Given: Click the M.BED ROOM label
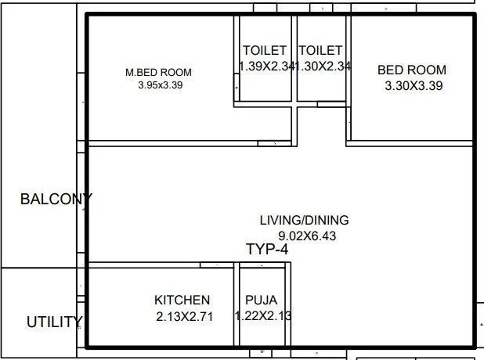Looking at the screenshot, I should pos(158,73).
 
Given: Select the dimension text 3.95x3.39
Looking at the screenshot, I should pos(159,85).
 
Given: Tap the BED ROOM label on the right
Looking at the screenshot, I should pos(412,70).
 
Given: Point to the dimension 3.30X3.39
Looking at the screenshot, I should pos(414,86).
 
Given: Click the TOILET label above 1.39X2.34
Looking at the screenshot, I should pos(264,51).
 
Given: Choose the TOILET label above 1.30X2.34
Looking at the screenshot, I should pos(320,51).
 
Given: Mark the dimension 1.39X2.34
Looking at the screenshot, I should pos(265,67).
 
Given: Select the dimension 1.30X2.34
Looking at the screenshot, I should pos(323,67).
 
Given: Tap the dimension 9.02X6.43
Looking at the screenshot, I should pos(307,236).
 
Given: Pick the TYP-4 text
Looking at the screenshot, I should pos(267,250).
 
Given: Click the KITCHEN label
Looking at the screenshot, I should pos(182,300).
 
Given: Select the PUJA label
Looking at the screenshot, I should pos(261,300).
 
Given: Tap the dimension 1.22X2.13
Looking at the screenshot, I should pos(263,316).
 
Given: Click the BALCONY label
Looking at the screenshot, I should pos(56,200).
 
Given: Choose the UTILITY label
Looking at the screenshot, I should pos(54,322).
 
